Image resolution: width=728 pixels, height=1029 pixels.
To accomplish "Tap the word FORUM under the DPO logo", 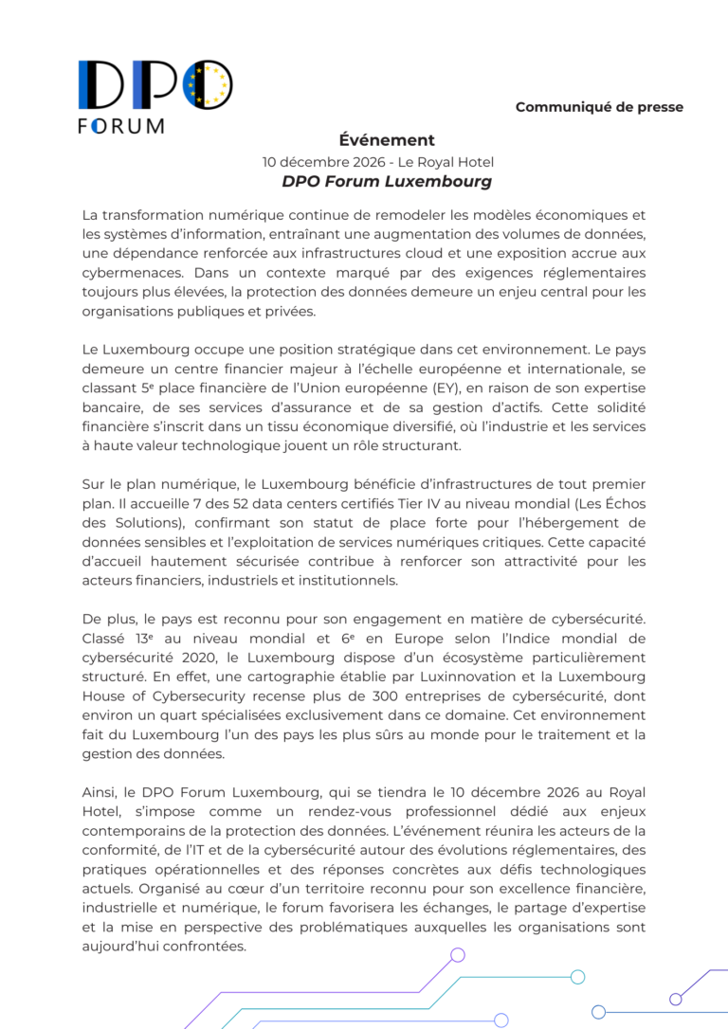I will click(x=120, y=126).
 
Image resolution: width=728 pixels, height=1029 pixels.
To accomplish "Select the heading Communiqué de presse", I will click(x=599, y=107).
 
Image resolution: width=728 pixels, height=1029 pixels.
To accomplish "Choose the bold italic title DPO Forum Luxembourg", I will click(x=387, y=181).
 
